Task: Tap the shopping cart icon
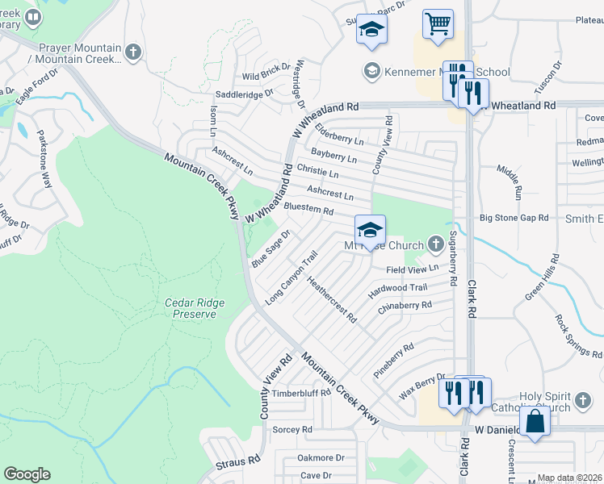[x=438, y=24]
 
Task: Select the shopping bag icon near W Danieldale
[x=535, y=421]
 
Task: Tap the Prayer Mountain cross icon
[x=134, y=52]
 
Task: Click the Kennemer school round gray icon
[x=371, y=69]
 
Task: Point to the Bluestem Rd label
[x=308, y=210]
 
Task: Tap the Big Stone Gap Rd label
[x=514, y=218]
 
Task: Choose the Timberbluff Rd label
[x=301, y=393]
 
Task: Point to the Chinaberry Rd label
[x=405, y=306]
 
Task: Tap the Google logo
[x=27, y=474]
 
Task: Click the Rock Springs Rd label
[x=579, y=336]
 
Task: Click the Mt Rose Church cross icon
[x=436, y=244]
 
